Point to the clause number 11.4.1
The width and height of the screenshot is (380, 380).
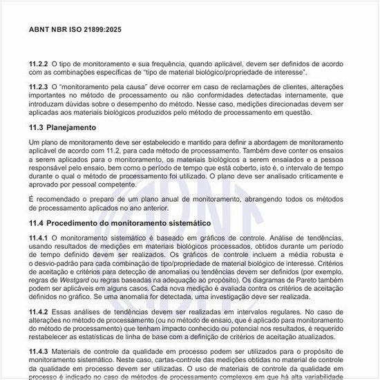pyautogui.click(x=39, y=238)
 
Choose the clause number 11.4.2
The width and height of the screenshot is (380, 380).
pyautogui.click(x=39, y=312)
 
